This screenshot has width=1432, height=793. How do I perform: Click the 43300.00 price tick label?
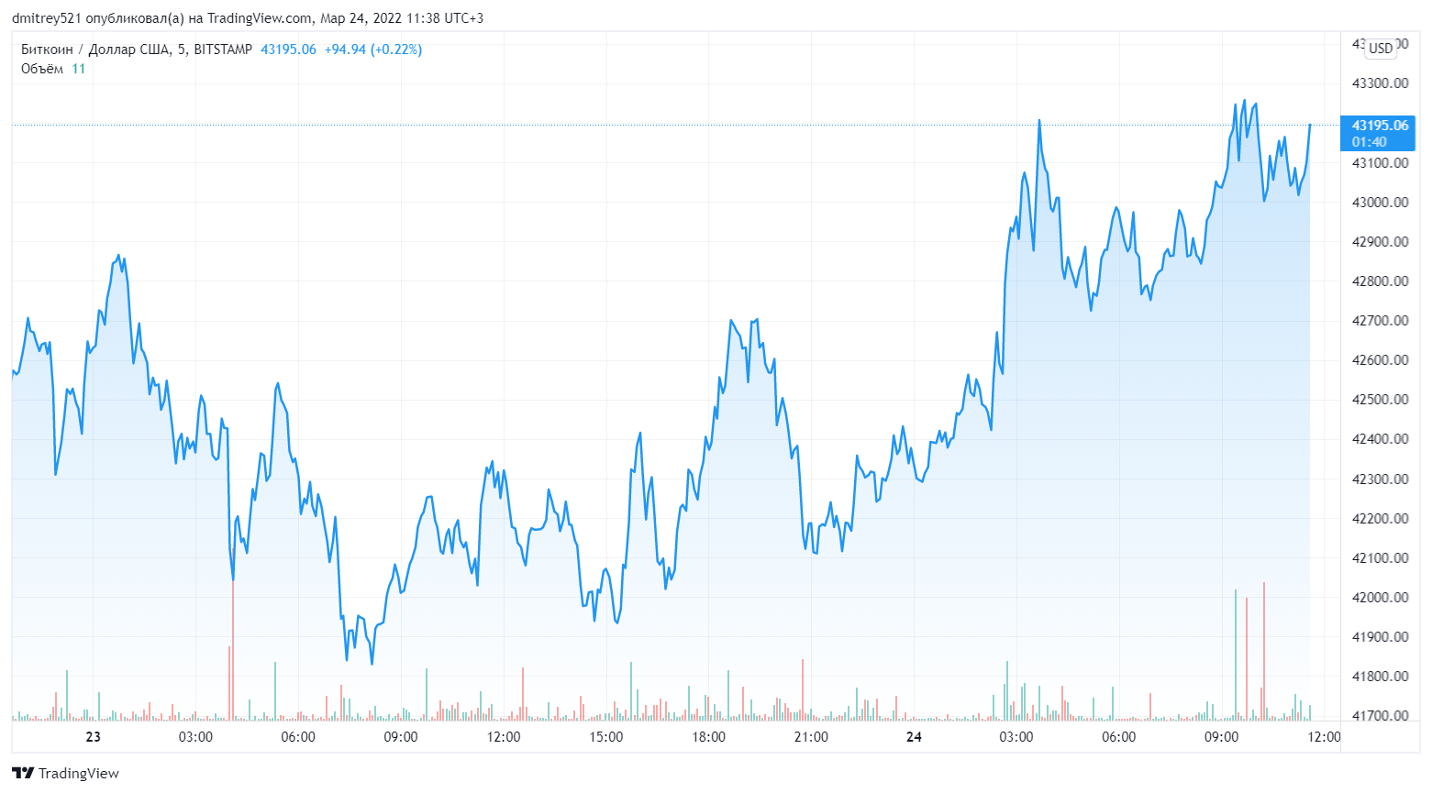tap(1380, 83)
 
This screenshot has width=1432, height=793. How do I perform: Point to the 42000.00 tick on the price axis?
tap(1380, 598)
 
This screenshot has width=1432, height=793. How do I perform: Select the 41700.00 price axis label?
tap(1380, 716)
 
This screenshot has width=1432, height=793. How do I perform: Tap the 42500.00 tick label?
tap(1380, 400)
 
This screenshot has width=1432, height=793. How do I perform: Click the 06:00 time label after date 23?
tap(298, 737)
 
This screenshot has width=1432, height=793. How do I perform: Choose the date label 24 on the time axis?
tap(914, 737)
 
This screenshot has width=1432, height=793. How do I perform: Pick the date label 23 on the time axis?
tap(93, 737)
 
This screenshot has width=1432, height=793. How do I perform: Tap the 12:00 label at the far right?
tap(1324, 737)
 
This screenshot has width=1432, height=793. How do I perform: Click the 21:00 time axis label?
tap(811, 737)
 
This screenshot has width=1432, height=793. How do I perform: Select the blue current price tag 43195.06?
tap(1380, 126)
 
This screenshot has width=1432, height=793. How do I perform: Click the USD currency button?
tap(1381, 49)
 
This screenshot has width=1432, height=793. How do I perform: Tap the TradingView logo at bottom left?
tap(66, 774)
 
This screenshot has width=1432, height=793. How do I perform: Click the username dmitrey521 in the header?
tap(46, 18)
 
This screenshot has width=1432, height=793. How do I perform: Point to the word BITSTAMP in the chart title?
tap(223, 50)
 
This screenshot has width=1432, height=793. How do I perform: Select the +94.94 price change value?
tap(345, 50)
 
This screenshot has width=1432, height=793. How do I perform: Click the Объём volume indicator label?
tap(42, 69)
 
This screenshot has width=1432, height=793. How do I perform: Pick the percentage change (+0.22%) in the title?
tap(396, 50)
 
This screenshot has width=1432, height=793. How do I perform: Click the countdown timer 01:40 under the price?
tap(1369, 142)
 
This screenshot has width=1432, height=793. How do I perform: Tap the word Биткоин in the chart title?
tap(47, 50)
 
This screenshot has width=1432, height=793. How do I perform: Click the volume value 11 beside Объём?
tap(79, 69)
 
